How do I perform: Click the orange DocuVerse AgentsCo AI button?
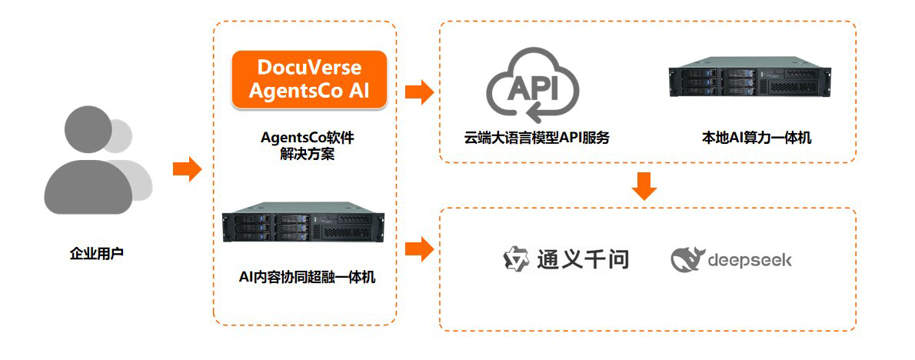[308, 78]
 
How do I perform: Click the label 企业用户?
[96, 252]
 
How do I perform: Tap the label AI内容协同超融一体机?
[308, 277]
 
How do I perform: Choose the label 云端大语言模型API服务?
[537, 138]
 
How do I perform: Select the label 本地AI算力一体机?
[757, 138]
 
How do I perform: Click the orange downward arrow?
[645, 185]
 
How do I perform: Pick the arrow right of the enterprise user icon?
[187, 168]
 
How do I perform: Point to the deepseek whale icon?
[687, 260]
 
